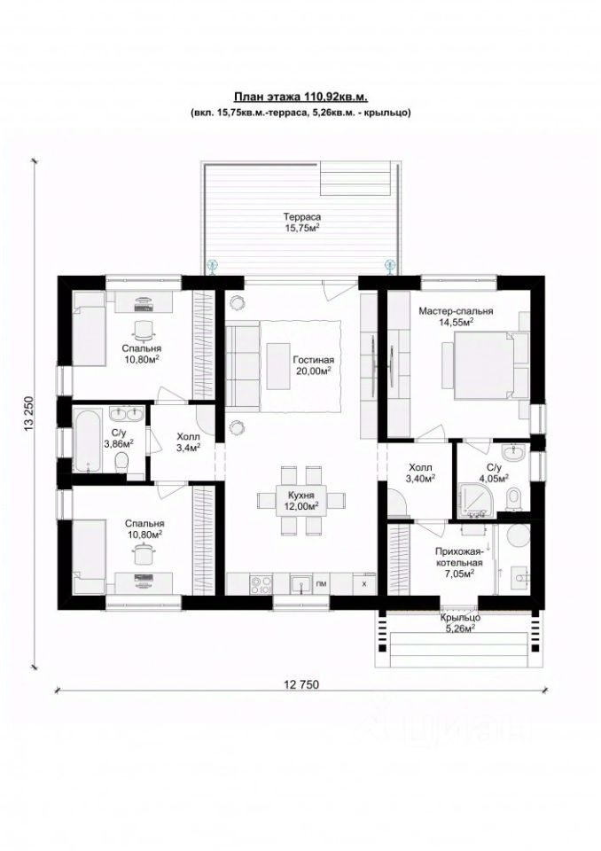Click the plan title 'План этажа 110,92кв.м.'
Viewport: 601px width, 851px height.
pyautogui.click(x=300, y=98)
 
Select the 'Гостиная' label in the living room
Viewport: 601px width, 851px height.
pyautogui.click(x=313, y=360)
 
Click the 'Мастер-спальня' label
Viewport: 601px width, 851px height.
pyautogui.click(x=456, y=311)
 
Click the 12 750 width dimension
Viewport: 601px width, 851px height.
pyautogui.click(x=301, y=684)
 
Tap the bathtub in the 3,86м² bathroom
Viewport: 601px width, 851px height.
pyautogui.click(x=89, y=441)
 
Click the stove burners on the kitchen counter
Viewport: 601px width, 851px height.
pyautogui.click(x=261, y=583)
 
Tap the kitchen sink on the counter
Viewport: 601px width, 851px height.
pyautogui.click(x=300, y=584)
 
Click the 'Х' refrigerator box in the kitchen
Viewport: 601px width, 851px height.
pyautogui.click(x=364, y=583)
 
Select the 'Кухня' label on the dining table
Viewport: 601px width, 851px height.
pyautogui.click(x=301, y=495)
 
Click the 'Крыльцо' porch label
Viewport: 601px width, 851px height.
pyautogui.click(x=460, y=618)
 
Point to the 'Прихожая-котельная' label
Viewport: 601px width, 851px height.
pyautogui.click(x=459, y=557)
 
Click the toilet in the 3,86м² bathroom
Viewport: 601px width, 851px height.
pyautogui.click(x=121, y=464)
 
